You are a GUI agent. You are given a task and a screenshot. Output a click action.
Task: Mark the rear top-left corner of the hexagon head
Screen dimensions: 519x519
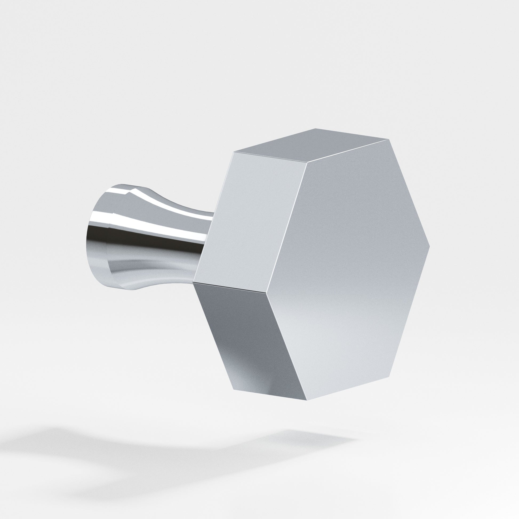(x=234, y=152)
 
